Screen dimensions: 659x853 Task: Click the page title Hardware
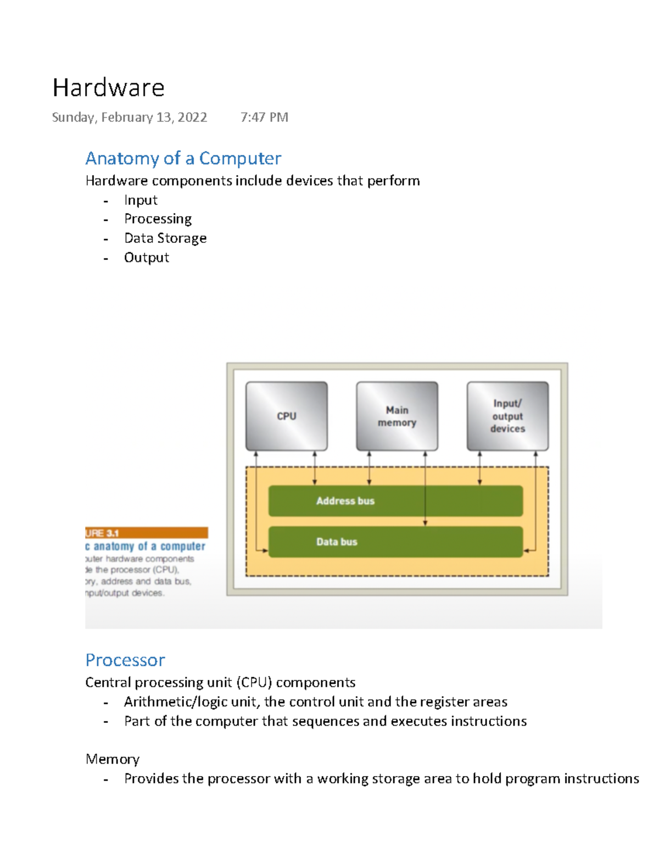[x=108, y=88]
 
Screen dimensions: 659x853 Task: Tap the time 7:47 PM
[x=264, y=118]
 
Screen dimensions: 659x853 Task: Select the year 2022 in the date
[x=192, y=118]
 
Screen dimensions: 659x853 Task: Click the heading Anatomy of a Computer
[x=183, y=158]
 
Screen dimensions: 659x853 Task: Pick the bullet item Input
[x=141, y=200]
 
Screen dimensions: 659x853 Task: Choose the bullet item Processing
[x=158, y=219]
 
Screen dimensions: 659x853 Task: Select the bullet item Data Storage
[x=165, y=238]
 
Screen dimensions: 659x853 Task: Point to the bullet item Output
[x=146, y=258]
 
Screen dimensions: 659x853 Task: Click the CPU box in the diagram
[x=287, y=416]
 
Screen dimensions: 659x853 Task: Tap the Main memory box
[x=397, y=416]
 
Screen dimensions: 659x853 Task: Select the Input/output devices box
[x=507, y=416]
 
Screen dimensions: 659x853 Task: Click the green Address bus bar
[x=395, y=501]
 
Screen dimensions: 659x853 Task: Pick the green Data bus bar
[x=395, y=542]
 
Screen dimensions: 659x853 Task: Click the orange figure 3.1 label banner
[x=147, y=533]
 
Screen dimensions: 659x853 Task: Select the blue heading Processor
[x=125, y=660]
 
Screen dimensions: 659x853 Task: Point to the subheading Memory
[x=113, y=759]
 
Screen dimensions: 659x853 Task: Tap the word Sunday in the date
[x=73, y=118]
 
